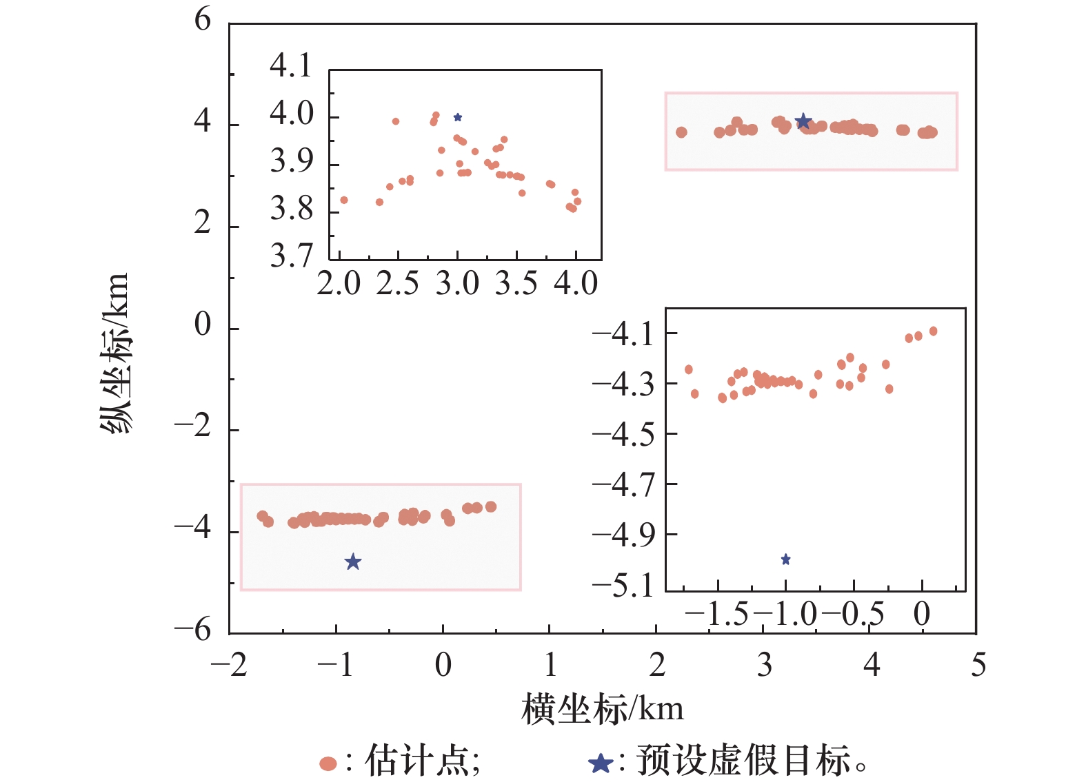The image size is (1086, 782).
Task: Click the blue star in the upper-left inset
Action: [458, 118]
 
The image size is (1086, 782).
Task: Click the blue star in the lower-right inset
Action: [785, 559]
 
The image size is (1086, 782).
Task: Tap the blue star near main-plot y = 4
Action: [803, 122]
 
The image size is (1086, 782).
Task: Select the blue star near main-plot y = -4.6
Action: [353, 562]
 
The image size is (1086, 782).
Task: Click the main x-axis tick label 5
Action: [978, 665]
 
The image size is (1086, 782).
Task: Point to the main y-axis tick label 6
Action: [203, 20]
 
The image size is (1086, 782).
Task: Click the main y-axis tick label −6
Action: [192, 629]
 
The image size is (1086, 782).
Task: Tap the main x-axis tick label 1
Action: [550, 665]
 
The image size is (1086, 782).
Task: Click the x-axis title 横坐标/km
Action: [602, 709]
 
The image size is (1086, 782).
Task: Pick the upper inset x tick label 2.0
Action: [339, 283]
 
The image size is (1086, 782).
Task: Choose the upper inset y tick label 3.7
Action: [290, 256]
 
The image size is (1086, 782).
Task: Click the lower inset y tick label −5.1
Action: [623, 586]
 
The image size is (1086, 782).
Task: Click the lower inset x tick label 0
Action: [922, 614]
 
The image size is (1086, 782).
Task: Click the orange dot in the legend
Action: [328, 763]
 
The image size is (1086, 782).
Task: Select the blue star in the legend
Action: [600, 763]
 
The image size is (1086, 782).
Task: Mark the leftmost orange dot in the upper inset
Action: [344, 200]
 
